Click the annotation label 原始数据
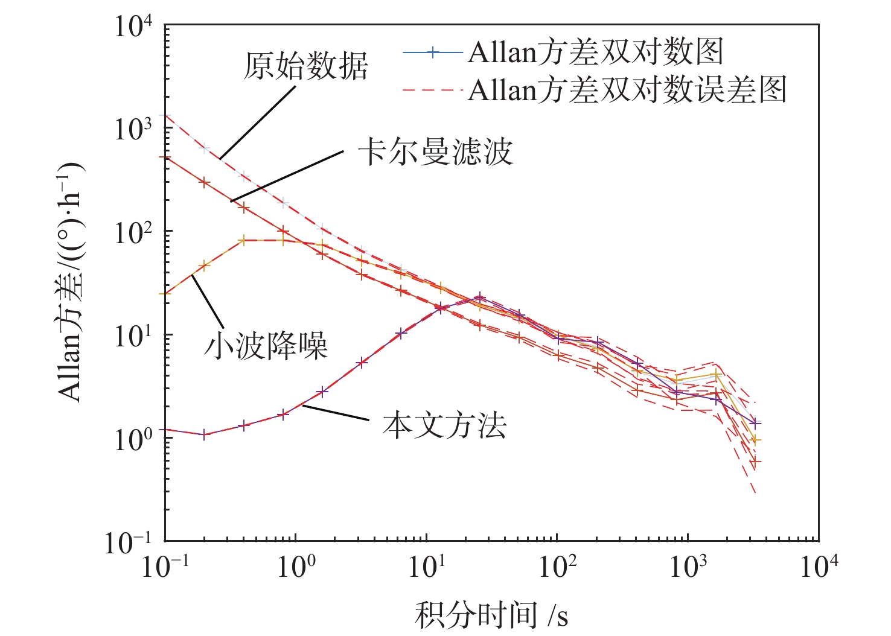(305, 66)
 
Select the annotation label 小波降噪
(266, 347)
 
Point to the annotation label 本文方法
(444, 425)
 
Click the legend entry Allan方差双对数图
(595, 52)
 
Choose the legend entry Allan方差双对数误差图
(627, 90)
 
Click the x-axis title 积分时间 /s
(491, 615)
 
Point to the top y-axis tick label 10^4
(133, 27)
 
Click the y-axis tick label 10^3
(133, 129)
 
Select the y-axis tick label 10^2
(133, 232)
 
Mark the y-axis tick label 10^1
(133, 335)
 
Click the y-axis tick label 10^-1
(129, 542)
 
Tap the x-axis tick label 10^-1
(165, 567)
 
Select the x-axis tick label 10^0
(295, 567)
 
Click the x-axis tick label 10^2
(557, 567)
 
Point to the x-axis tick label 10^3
(688, 567)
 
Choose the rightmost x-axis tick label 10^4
(819, 567)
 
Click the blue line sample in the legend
(432, 52)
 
